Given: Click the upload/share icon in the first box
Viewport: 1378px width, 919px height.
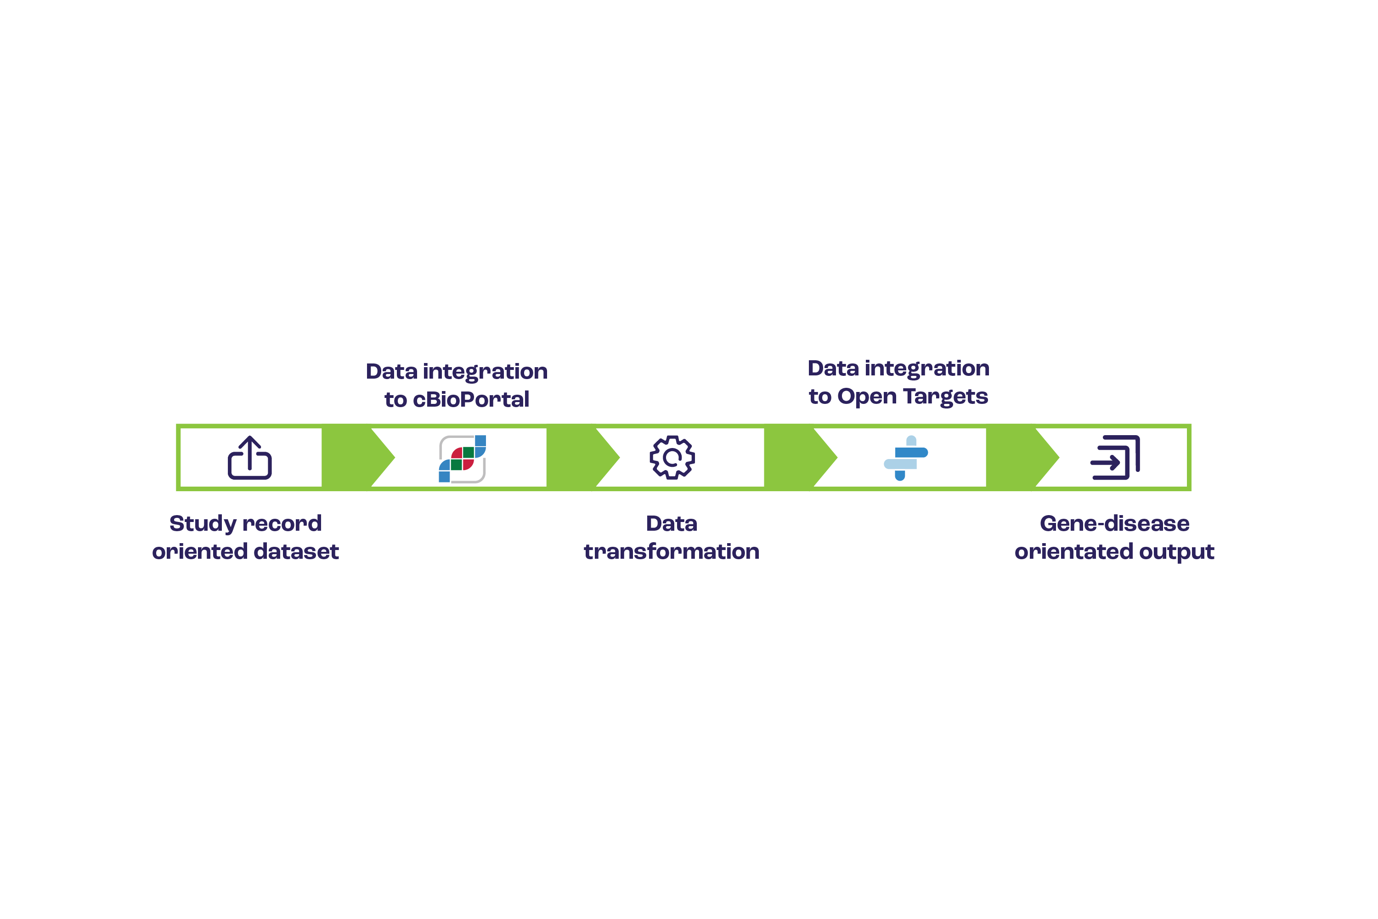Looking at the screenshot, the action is (x=249, y=458).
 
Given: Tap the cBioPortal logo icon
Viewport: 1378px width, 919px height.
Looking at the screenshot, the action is (x=462, y=459).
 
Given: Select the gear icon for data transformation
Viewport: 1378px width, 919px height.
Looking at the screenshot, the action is (x=672, y=458).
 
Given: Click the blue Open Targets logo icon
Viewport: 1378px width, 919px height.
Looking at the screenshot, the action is (x=906, y=458).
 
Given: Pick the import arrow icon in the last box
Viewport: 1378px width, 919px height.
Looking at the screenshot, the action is (x=1115, y=458).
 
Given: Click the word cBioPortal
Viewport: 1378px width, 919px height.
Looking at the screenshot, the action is (x=471, y=400).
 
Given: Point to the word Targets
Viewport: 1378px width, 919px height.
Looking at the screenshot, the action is (x=945, y=397).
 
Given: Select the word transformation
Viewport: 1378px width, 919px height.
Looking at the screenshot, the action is (x=672, y=551).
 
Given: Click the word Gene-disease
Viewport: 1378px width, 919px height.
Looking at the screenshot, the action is (x=1114, y=523).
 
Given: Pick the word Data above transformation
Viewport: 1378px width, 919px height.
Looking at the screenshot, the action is (x=672, y=523).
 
